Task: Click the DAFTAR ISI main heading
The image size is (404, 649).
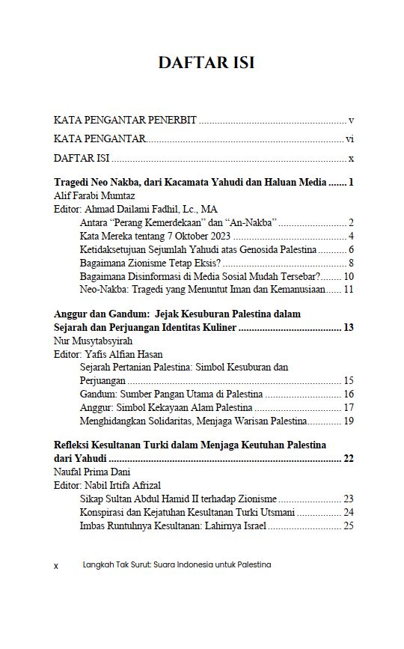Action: [x=206, y=63]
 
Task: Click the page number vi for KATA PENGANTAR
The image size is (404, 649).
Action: [x=349, y=139]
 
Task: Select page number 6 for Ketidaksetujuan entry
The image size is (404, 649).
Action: [x=350, y=249]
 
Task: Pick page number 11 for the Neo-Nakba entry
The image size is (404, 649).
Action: [x=348, y=290]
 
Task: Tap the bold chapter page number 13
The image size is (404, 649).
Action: [x=348, y=328]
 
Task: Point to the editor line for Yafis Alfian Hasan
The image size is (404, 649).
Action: [x=119, y=355]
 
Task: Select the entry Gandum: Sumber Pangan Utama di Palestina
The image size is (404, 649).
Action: [x=171, y=394]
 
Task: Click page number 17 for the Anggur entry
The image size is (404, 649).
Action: [x=348, y=407]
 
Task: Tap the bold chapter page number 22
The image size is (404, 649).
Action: [x=348, y=458]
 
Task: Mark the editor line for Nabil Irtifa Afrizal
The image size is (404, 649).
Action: [x=118, y=485]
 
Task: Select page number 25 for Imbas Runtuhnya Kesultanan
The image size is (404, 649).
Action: [x=348, y=525]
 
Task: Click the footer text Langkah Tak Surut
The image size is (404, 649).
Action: [x=177, y=565]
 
